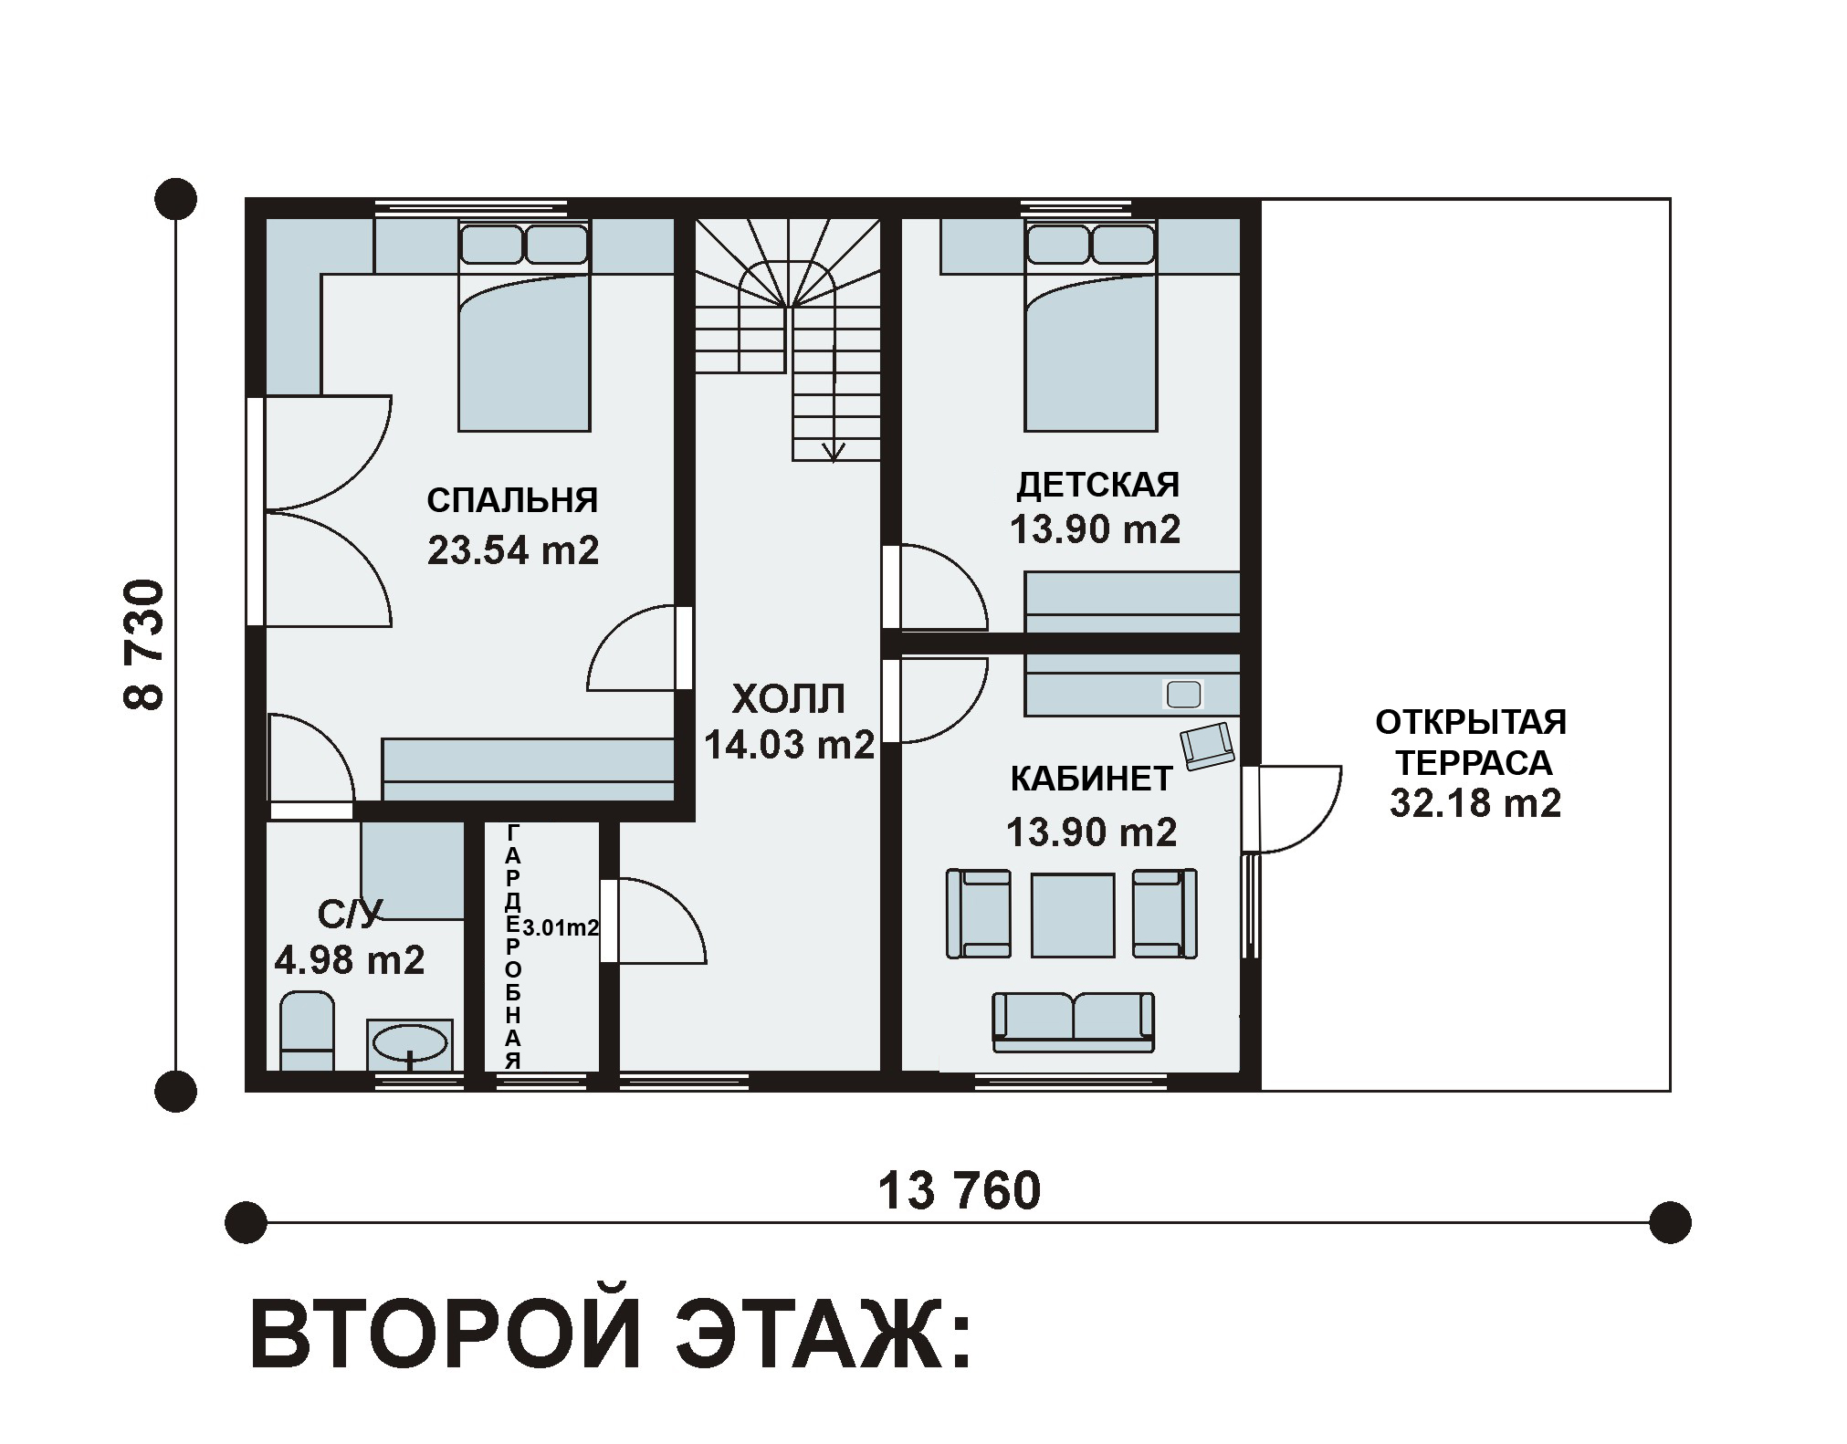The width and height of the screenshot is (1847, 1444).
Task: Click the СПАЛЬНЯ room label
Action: (512, 500)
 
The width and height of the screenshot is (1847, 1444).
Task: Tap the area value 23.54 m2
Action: (513, 550)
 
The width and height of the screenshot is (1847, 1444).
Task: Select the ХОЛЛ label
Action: (789, 699)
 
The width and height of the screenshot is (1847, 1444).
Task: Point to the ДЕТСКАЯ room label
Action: (1097, 485)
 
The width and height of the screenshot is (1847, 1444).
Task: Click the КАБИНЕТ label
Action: (1091, 779)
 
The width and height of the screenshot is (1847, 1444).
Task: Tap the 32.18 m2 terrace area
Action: (1475, 803)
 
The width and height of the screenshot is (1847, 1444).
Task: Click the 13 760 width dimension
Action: (959, 1191)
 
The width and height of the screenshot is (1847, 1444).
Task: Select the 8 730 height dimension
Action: (144, 644)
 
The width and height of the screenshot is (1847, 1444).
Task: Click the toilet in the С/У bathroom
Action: (307, 1031)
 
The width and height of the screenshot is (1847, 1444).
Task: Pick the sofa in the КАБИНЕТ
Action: (1073, 1022)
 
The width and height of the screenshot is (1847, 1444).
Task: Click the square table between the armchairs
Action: (1073, 916)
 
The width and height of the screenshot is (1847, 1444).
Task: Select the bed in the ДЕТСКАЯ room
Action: (1091, 324)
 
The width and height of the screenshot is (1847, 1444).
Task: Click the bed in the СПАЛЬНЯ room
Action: (524, 324)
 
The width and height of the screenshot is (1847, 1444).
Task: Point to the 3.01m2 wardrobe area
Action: (560, 928)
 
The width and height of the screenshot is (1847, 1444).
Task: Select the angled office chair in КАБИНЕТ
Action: (1207, 745)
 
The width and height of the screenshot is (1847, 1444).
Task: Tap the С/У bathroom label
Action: (350, 913)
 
